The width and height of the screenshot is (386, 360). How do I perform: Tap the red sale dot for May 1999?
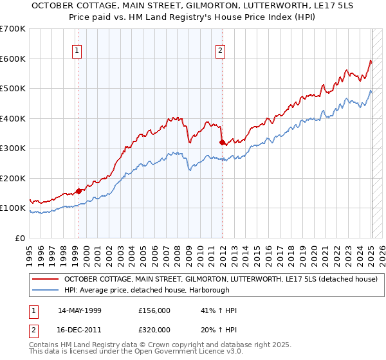pos(78,190)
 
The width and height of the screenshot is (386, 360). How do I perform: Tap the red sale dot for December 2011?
pos(222,142)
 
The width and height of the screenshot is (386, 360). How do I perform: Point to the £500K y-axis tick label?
pos(13,88)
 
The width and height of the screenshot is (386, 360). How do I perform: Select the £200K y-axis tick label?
pos(13,178)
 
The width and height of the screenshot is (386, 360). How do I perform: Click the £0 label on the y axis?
pos(19,238)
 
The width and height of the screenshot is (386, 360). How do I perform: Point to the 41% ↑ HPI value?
pos(219,310)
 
